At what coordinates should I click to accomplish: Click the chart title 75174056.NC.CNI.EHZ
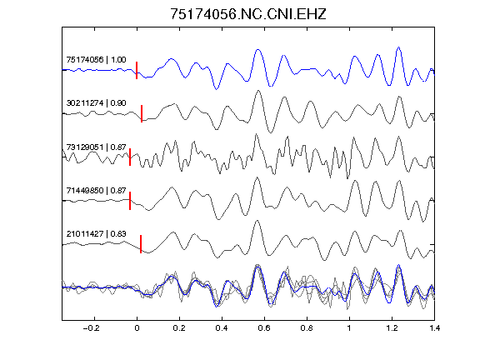(x=248, y=14)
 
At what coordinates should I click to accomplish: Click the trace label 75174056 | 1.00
(x=96, y=59)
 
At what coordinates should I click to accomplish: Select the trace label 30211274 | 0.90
(x=96, y=102)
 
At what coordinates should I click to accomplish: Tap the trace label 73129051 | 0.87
(x=96, y=147)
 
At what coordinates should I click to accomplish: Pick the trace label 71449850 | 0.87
(x=96, y=190)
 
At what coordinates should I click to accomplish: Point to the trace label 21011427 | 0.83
(x=96, y=234)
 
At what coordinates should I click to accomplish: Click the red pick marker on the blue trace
(x=137, y=70)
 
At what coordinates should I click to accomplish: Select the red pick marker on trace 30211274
(x=142, y=114)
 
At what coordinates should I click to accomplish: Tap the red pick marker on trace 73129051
(x=130, y=157)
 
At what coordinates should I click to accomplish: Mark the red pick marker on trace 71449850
(x=130, y=201)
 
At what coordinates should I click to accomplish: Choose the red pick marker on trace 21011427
(x=141, y=244)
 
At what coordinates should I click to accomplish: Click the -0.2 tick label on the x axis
(x=91, y=328)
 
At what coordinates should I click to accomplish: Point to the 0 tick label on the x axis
(x=137, y=328)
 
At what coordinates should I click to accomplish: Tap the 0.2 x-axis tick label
(x=179, y=328)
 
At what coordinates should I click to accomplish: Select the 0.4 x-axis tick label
(x=222, y=328)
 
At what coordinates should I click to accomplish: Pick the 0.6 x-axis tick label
(x=264, y=328)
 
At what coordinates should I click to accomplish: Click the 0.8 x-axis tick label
(x=307, y=328)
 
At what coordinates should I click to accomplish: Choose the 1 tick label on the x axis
(x=349, y=328)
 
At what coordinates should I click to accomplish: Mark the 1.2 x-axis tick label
(x=392, y=328)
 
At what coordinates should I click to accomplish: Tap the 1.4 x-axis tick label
(x=434, y=328)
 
